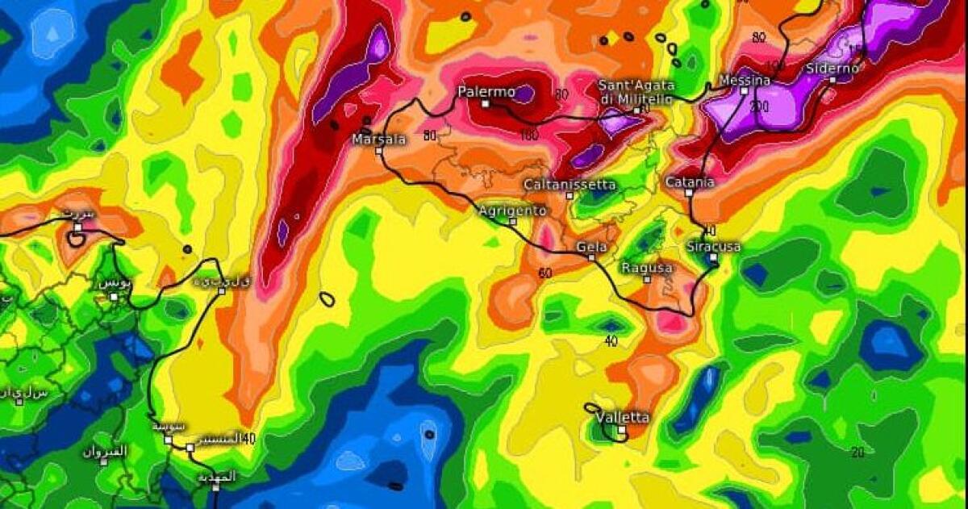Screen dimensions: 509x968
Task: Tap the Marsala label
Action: [378, 140]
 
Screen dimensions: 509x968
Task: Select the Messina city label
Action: [744, 81]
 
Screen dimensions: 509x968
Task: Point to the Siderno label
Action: [832, 69]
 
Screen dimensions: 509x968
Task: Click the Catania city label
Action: [689, 182]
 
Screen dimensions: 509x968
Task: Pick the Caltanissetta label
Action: [570, 185]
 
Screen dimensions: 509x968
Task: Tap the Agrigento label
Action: [512, 211]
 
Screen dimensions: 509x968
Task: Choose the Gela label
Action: [591, 247]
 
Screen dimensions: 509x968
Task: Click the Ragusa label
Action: [647, 268]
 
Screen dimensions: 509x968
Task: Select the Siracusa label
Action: [713, 246]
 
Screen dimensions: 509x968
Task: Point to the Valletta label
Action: [621, 418]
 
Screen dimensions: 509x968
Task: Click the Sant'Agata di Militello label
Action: [636, 91]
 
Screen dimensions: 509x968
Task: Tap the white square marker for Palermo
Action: [486, 104]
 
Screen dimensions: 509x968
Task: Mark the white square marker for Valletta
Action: [621, 431]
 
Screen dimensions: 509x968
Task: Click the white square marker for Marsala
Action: [378, 151]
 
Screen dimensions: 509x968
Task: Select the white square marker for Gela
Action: [591, 257]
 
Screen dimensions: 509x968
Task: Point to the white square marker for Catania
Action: [689, 193]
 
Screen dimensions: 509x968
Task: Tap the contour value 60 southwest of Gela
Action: [545, 273]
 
